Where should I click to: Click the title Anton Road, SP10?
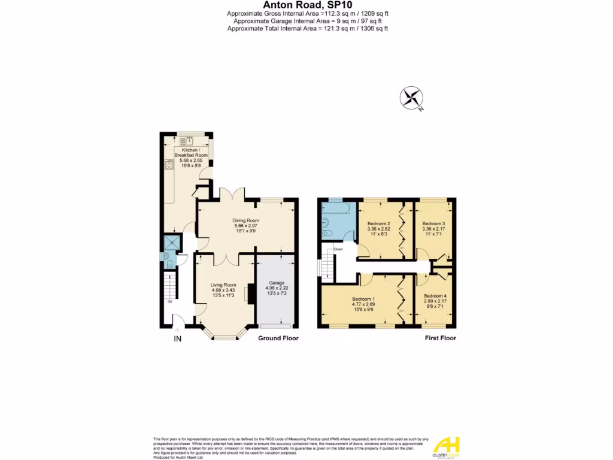point(306,5)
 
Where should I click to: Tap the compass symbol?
point(412,98)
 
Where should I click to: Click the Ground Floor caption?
point(278,338)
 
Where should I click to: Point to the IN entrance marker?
point(177,340)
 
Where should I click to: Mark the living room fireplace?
point(247,293)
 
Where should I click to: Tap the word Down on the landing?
point(338,249)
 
